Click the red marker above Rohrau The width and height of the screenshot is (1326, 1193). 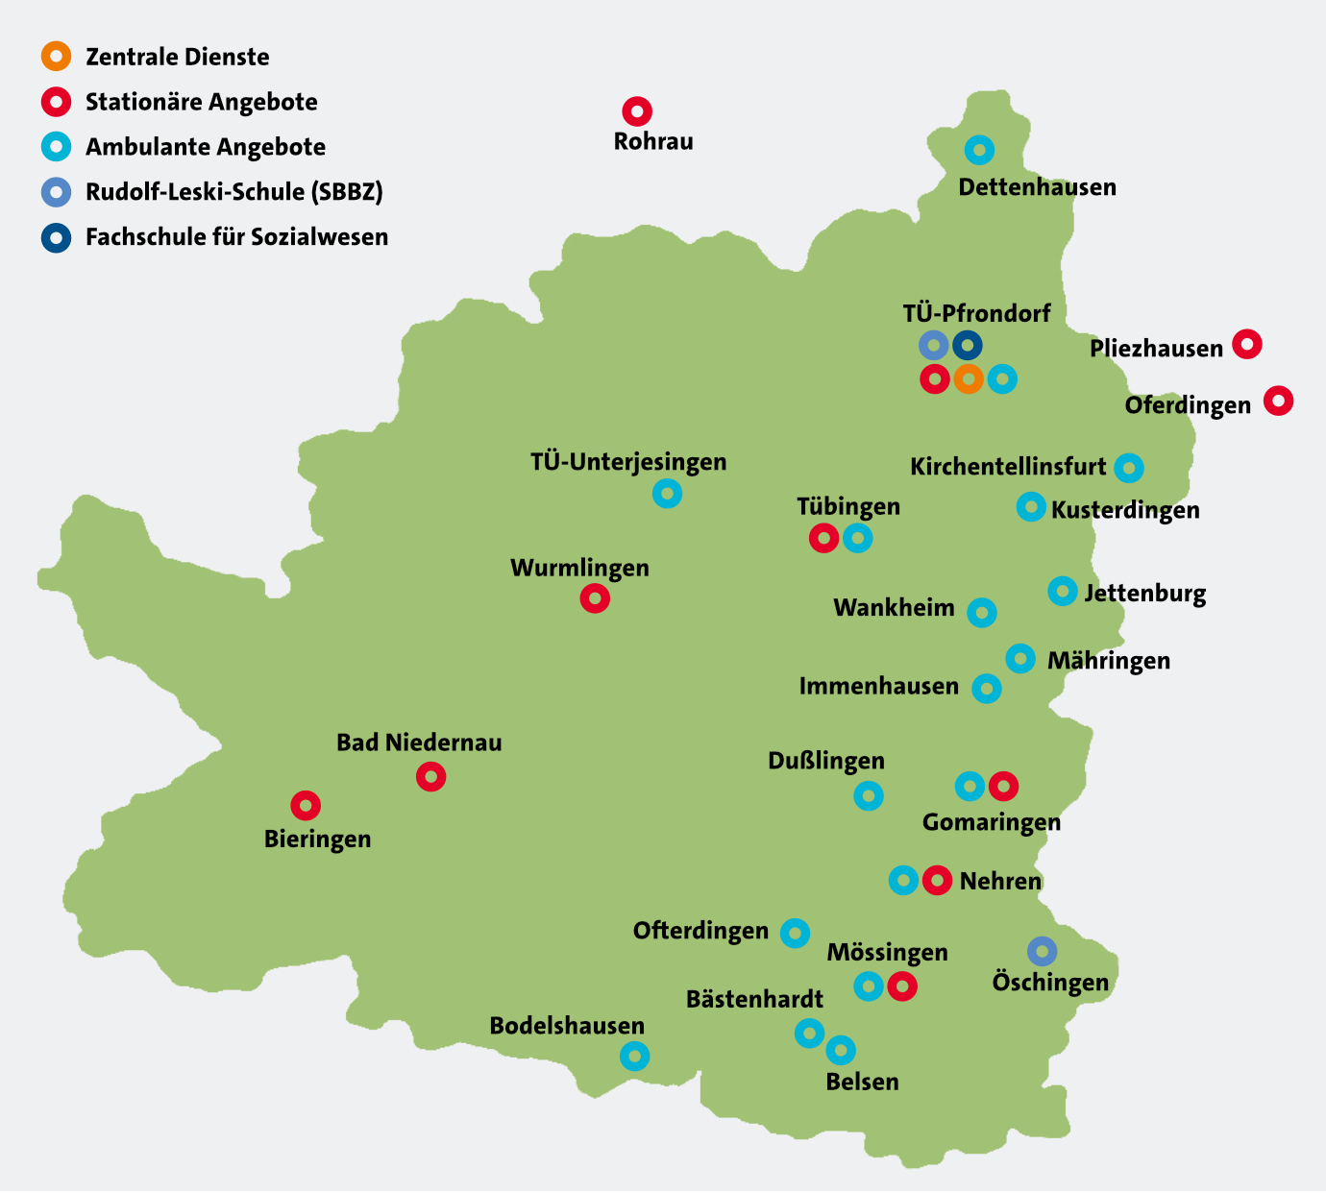coord(637,111)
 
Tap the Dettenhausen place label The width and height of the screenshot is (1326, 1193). coord(1037,187)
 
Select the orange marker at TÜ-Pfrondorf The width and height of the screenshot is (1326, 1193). coord(969,379)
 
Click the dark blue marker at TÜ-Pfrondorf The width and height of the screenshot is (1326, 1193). coord(968,345)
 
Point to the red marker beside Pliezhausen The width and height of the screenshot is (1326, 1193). coord(1246,344)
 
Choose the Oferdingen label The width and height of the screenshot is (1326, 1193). coord(1188,405)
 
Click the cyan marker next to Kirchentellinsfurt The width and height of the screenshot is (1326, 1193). coord(1129,469)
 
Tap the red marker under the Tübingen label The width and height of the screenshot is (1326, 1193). coord(823,538)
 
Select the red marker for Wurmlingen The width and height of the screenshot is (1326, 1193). coord(595,599)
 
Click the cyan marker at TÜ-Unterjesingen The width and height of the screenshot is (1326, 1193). coord(667,494)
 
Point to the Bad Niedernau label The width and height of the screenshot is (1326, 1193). coord(419,743)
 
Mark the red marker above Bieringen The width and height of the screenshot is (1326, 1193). coord(306,805)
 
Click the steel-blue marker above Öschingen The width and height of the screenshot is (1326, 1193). coord(1042,951)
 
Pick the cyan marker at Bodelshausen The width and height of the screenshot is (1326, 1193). coord(634,1057)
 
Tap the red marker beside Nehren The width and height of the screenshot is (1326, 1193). coord(937,880)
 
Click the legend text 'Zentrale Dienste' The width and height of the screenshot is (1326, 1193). coord(177,57)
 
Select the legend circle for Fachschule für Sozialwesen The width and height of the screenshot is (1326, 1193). coord(57,237)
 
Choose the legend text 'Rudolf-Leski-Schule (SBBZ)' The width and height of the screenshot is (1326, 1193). coord(233,192)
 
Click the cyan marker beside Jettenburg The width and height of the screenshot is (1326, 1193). coord(1062,591)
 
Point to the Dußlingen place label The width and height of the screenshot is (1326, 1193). coord(825,762)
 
